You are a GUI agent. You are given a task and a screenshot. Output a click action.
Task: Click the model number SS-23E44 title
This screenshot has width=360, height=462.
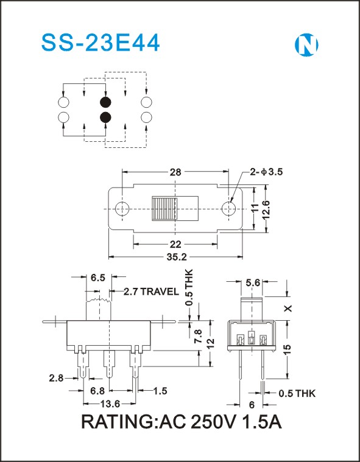click(x=101, y=43)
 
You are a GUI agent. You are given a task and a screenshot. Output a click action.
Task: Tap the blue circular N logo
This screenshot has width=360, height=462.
click(x=306, y=45)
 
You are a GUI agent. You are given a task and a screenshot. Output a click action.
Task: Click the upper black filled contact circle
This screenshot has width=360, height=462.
click(x=105, y=102)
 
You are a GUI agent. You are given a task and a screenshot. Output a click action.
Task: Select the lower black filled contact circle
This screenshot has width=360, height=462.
click(x=105, y=117)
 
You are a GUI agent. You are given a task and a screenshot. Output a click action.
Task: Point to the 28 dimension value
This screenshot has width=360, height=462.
click(x=175, y=172)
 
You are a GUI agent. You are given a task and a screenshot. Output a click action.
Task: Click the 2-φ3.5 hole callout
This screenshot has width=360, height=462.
click(x=266, y=172)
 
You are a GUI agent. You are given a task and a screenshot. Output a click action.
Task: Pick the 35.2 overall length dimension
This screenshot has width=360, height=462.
click(x=177, y=257)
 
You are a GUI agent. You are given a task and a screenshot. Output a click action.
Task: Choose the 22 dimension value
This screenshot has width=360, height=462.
click(x=175, y=244)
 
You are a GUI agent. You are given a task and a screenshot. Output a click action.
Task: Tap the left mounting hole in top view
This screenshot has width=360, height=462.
click(x=122, y=209)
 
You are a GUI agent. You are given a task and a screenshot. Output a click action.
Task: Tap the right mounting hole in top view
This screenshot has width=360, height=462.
click(x=228, y=209)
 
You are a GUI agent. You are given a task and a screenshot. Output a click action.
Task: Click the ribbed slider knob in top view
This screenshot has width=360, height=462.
click(x=164, y=209)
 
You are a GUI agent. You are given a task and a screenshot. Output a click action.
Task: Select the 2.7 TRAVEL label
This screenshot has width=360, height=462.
click(x=151, y=292)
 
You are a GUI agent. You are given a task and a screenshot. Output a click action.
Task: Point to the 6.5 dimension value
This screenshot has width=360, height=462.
click(x=98, y=278)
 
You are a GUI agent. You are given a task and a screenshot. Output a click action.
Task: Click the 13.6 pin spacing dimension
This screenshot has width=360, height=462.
click(x=110, y=404)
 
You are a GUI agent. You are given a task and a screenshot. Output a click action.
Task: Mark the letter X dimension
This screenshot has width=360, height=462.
click(x=288, y=309)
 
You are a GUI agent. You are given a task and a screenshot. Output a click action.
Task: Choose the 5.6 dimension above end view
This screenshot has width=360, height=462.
click(x=253, y=283)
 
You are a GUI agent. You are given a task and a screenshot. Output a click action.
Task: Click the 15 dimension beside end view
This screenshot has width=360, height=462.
click(x=288, y=349)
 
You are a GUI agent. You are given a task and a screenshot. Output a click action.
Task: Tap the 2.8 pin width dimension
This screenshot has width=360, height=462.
click(x=56, y=378)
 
